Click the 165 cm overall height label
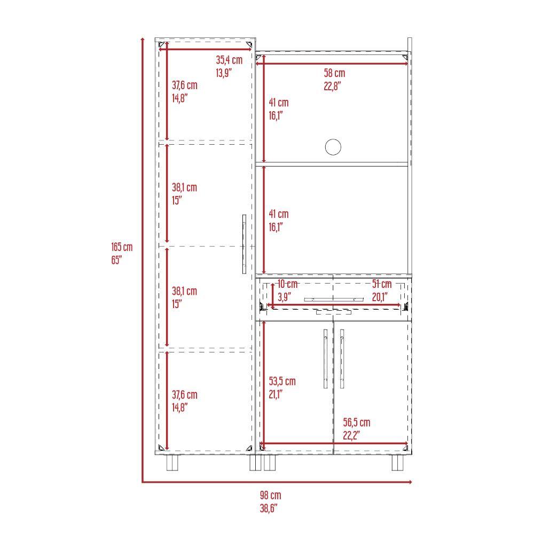[122, 247]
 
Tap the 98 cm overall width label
[271, 495]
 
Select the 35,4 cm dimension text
[229, 60]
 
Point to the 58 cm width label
[334, 73]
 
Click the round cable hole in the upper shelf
[333, 147]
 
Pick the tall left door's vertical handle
[244, 244]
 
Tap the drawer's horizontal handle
[334, 300]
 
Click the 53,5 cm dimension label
[282, 381]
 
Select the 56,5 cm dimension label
[357, 422]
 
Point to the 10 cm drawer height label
[288, 284]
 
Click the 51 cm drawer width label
[382, 284]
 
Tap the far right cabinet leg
[397, 462]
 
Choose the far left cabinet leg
[172, 462]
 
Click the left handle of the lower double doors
[326, 359]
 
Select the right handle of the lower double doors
[342, 359]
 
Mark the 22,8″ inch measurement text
[332, 86]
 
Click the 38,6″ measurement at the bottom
[269, 508]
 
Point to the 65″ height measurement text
[116, 260]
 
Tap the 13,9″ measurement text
[224, 73]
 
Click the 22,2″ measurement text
[351, 436]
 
